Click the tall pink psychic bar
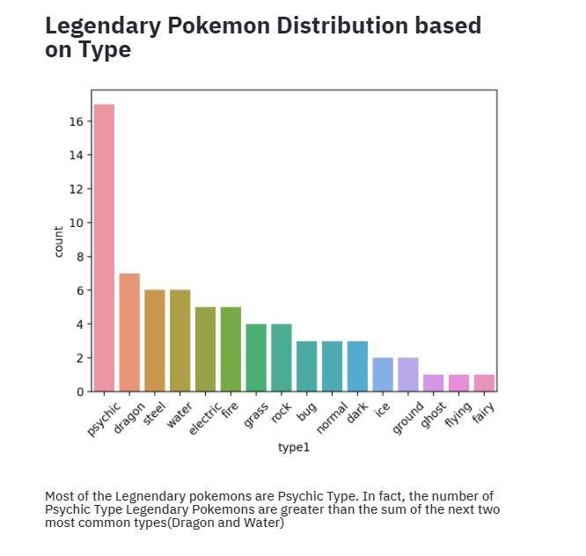pos(104,247)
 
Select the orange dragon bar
pos(129,332)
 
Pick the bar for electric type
pos(205,348)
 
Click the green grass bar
pos(256,357)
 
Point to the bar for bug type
pos(307,366)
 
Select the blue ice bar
pos(383,374)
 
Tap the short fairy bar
pos(484,383)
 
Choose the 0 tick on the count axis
pos(79,391)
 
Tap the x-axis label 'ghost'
pos(432,415)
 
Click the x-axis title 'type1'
pos(294,448)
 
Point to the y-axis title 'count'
pos(59,241)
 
